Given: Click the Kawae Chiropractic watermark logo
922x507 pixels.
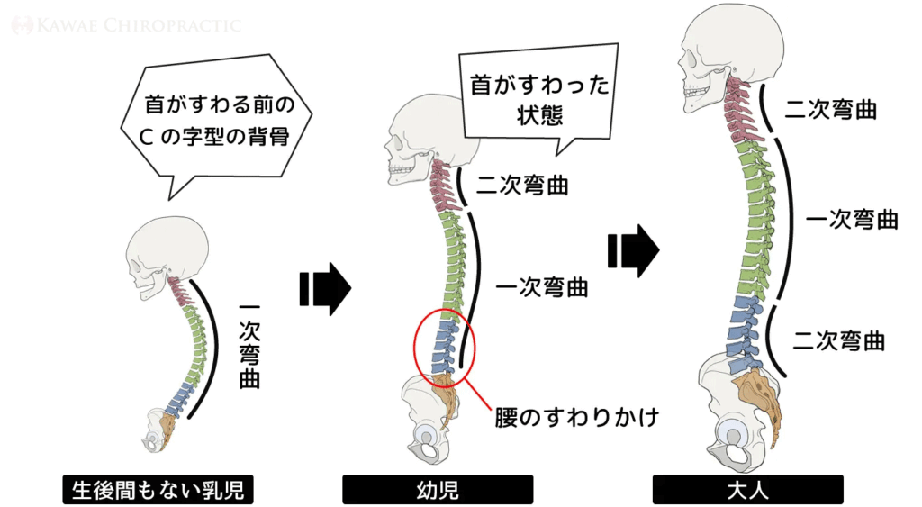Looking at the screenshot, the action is (x=126, y=25).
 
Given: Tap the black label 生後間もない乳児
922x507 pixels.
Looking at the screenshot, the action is (x=158, y=489).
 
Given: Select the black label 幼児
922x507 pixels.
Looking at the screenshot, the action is (x=438, y=489).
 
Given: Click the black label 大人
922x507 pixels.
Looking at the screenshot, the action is (x=747, y=489).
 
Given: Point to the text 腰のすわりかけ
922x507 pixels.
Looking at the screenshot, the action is (x=577, y=418).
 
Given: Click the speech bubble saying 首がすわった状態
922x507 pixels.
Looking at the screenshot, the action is (x=538, y=97).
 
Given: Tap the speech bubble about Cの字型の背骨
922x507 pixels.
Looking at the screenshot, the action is (x=216, y=124).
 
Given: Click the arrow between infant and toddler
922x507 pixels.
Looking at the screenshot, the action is (x=325, y=289).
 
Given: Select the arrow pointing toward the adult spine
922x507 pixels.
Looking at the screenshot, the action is (x=633, y=251).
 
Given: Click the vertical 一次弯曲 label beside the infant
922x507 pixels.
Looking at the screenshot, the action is (x=250, y=346).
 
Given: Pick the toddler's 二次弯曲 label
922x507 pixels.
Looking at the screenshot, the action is (x=522, y=186).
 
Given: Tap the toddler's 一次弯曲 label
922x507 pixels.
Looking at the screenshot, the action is (x=541, y=287).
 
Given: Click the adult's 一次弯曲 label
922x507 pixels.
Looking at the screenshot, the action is (x=852, y=220).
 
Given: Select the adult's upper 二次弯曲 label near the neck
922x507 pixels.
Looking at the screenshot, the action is (x=831, y=109).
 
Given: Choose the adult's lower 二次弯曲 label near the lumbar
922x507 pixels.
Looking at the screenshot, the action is (x=839, y=340).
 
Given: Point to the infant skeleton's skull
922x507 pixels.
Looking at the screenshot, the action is (x=167, y=256).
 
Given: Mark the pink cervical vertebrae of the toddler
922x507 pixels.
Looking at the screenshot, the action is (x=442, y=187).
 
